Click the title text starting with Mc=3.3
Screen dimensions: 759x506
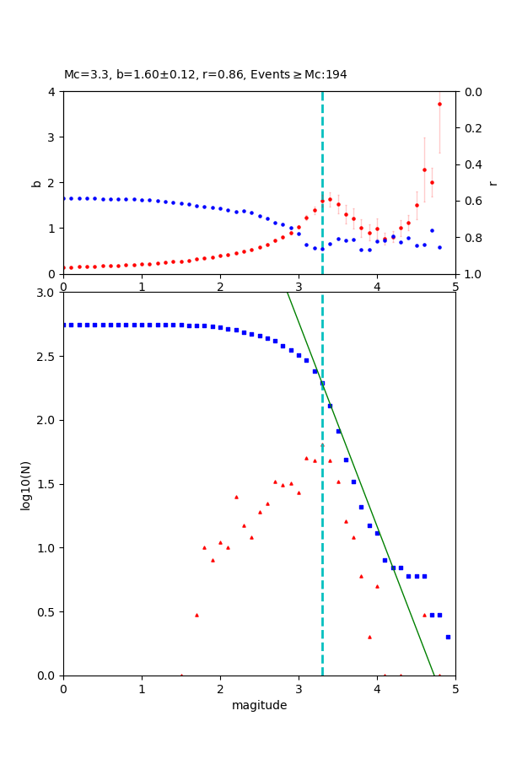205,75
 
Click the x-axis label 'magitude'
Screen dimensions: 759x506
259,706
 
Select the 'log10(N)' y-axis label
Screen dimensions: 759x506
25,484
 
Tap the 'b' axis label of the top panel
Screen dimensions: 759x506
36,182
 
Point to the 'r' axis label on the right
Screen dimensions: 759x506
493,182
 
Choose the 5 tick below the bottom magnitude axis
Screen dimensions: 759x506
455,688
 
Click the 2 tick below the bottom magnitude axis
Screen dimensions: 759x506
220,688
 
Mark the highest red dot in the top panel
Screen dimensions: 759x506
439,105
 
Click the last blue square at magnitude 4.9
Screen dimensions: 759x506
448,637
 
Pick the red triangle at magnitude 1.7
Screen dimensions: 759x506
196,615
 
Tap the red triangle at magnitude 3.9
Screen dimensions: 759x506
369,637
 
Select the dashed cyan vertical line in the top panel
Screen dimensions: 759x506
322,169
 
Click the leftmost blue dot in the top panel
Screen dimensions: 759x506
63,198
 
